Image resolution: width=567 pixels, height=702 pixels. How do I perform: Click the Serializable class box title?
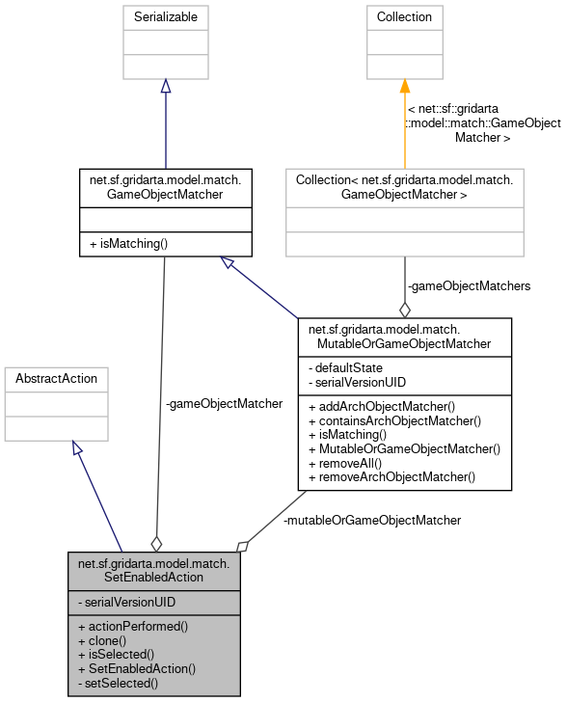point(165,17)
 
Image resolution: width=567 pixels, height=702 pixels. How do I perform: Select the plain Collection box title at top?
point(404,17)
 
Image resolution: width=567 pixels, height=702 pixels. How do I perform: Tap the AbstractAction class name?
point(57,379)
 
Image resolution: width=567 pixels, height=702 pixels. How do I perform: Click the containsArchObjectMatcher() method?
point(394,420)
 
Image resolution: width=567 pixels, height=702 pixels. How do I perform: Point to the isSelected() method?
point(115,654)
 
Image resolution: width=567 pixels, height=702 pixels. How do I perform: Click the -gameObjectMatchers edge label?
point(469,285)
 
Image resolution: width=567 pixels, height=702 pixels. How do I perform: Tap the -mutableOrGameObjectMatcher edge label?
point(372,520)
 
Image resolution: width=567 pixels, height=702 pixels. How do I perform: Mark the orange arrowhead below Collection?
point(404,86)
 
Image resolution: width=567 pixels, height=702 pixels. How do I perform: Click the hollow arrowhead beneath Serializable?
point(165,86)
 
